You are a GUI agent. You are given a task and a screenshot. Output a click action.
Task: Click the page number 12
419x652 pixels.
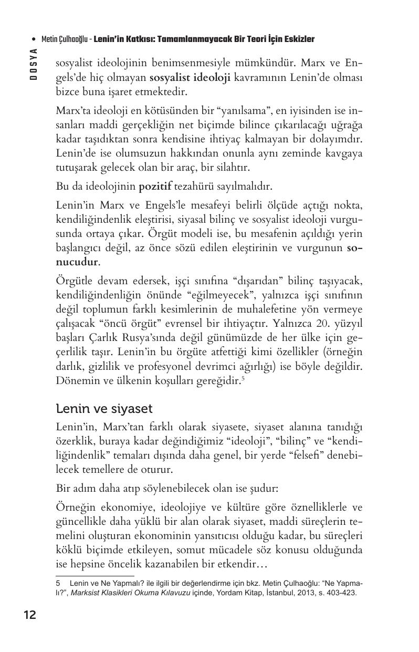[29, 615]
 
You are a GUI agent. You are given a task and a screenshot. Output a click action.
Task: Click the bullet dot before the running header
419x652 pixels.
[34, 40]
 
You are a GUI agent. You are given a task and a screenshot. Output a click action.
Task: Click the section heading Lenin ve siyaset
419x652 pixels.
[104, 408]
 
